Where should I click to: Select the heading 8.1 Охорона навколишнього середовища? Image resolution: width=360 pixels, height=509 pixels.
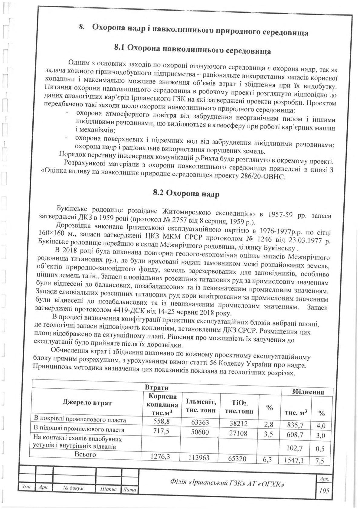point(192,49)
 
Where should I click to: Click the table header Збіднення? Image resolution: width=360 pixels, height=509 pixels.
point(307,392)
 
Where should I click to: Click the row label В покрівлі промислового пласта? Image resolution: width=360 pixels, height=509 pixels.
point(79,419)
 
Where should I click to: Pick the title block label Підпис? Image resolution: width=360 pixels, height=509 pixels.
point(108,496)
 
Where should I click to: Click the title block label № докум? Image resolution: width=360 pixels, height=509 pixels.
point(74,496)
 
